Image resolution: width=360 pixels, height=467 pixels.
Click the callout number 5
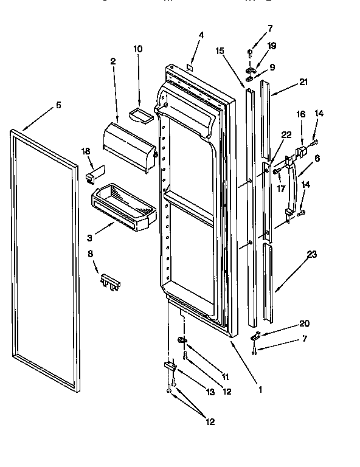pos(58,105)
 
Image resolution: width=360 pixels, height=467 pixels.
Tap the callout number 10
pos(137,48)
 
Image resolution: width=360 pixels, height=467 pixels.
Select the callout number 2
pos(113,61)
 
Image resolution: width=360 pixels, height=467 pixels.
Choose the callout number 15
pos(220,50)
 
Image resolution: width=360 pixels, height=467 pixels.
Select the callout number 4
pos(201,35)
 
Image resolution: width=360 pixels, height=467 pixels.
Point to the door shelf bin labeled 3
pos(124,207)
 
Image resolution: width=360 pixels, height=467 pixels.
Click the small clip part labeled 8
pos(110,281)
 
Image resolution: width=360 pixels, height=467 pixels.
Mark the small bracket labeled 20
pos(255,334)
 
